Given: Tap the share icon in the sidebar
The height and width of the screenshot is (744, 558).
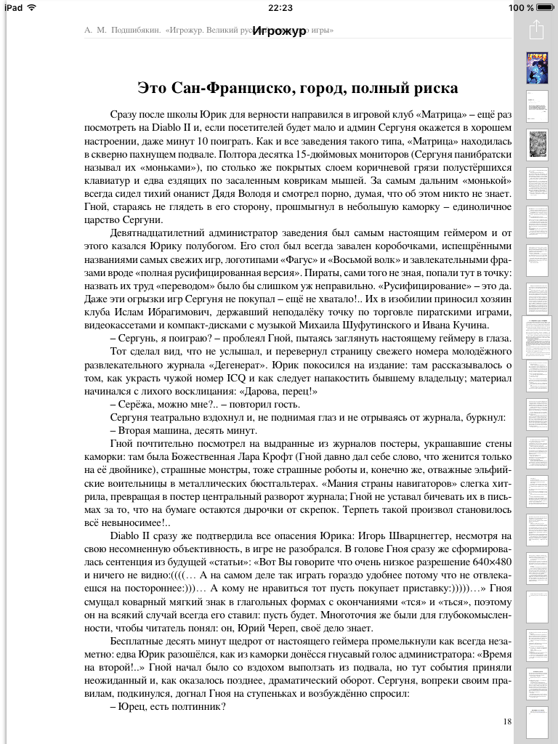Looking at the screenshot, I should coord(536,31).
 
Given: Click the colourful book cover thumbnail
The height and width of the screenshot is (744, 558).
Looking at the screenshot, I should coord(536,67).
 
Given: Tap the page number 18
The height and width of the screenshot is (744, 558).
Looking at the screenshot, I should coord(506,721).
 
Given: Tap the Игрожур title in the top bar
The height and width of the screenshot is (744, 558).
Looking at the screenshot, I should coord(280,31).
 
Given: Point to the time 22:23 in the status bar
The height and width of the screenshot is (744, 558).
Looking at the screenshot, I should coord(280,7).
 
